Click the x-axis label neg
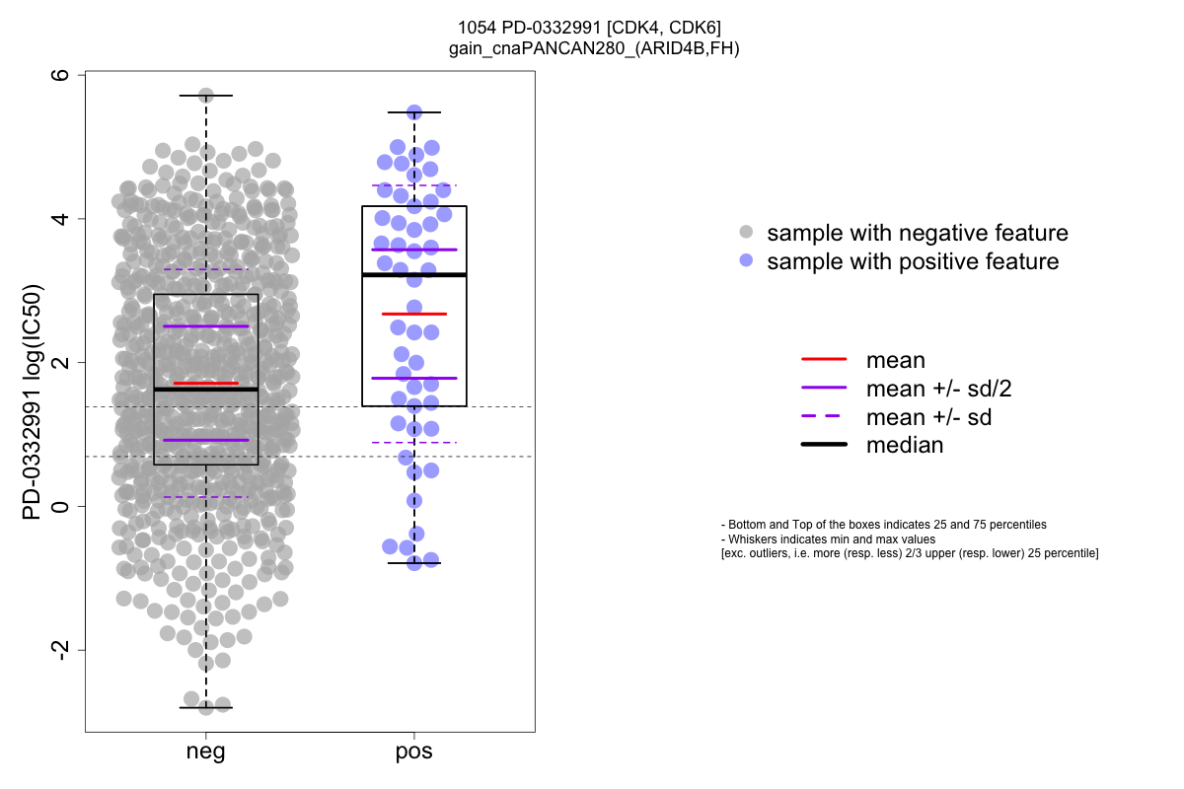(x=205, y=753)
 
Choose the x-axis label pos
(x=414, y=753)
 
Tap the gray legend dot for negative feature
(x=746, y=233)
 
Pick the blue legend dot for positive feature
(x=746, y=261)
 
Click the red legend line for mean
(x=824, y=360)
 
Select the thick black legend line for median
(x=824, y=445)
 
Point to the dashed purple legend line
(x=824, y=417)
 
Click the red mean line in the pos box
(x=414, y=314)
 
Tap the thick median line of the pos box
(x=414, y=275)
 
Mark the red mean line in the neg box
(x=205, y=383)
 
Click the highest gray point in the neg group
(x=206, y=96)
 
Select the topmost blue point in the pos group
(x=414, y=112)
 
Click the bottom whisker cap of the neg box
(x=205, y=707)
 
